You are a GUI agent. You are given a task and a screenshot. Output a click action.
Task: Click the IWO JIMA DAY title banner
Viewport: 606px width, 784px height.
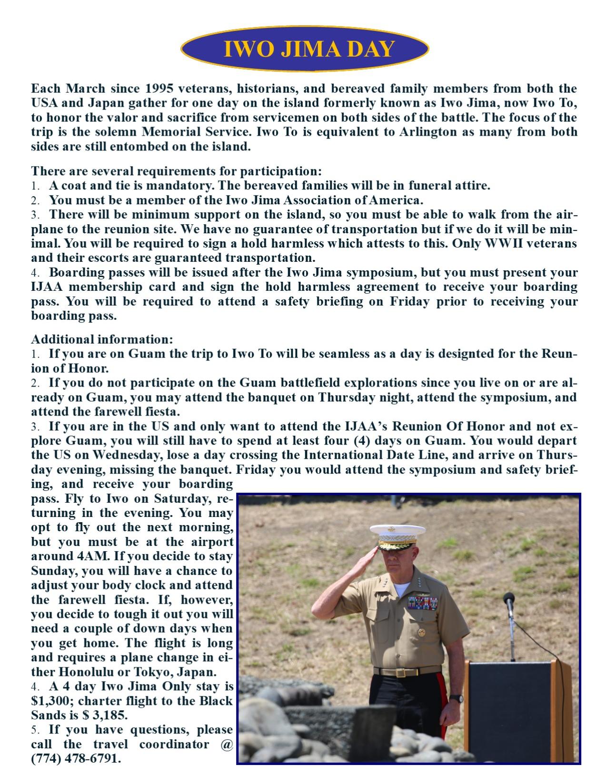coord(305,49)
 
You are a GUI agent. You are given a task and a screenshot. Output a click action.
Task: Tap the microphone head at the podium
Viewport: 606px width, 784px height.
coord(509,598)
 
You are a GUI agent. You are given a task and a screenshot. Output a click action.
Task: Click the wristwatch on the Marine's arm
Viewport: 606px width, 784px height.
coord(456,698)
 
